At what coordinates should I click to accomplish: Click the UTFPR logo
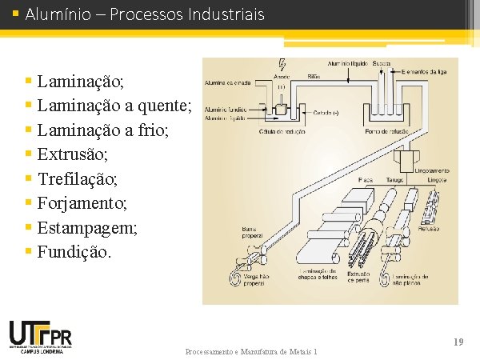point(40,335)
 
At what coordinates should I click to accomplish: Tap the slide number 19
point(458,342)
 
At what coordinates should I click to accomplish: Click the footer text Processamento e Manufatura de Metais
point(251,352)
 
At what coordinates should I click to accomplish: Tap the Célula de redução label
point(281,130)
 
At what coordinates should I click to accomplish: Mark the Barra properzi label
point(253,232)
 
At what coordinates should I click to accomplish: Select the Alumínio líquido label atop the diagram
point(346,63)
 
